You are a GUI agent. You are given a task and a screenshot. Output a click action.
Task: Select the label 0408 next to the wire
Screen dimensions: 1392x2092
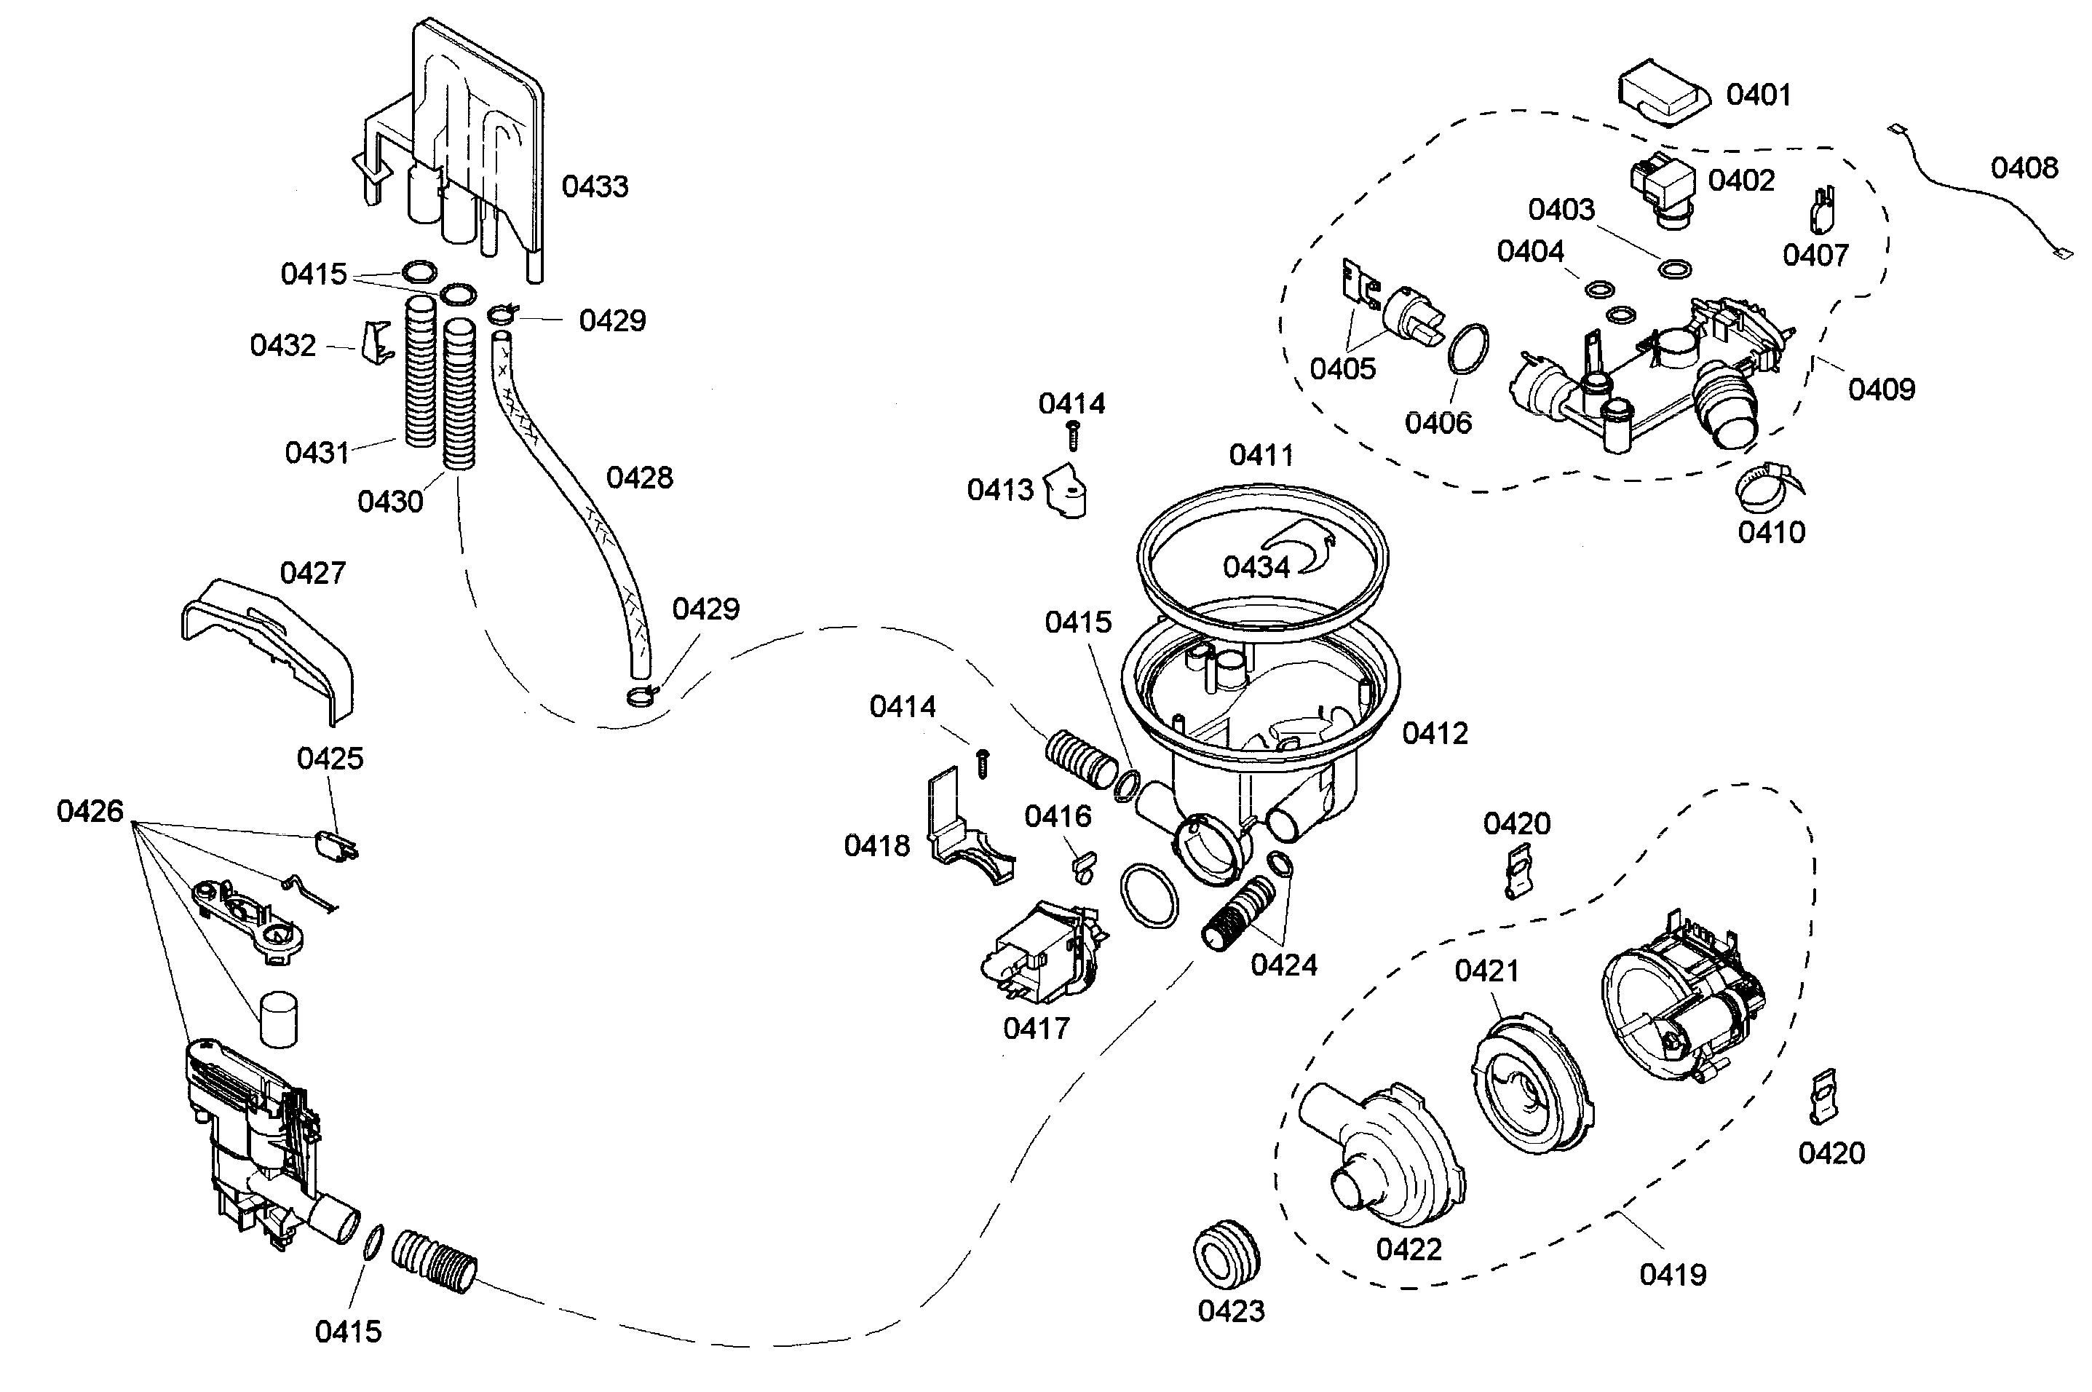coord(2024,167)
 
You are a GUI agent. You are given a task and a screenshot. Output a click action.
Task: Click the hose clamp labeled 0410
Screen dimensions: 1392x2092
coord(1766,489)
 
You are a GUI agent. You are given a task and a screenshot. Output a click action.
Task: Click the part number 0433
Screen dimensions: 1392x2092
coord(595,186)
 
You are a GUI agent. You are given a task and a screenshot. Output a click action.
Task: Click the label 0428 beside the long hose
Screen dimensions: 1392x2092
coord(639,478)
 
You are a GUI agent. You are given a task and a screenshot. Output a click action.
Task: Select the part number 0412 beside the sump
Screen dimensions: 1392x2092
coord(1434,733)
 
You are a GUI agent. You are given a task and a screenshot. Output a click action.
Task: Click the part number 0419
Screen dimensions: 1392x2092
coord(1672,1275)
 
